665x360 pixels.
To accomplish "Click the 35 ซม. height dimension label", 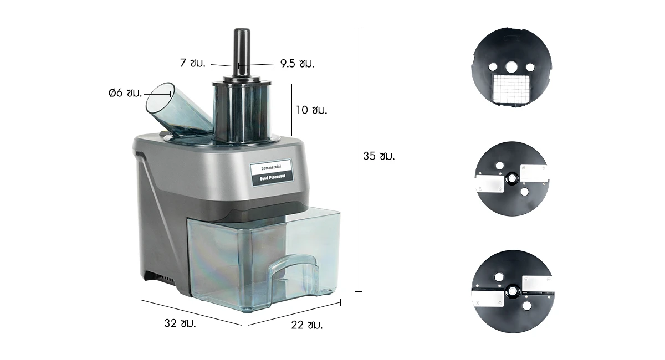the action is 379,156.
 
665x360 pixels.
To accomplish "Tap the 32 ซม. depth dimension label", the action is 180,323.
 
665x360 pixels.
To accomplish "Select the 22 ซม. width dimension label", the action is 306,325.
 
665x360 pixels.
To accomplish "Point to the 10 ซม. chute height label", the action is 311,110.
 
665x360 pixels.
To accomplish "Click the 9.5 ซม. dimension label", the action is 297,64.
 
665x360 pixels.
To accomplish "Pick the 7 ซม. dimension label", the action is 193,63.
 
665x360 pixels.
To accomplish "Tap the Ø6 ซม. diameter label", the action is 125,93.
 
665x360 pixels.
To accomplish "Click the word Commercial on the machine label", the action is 271,168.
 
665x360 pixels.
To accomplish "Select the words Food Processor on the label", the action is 273,177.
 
